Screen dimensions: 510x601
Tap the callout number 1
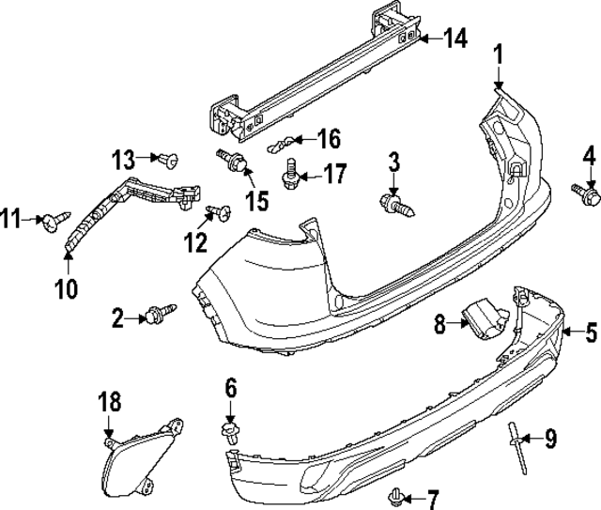499,55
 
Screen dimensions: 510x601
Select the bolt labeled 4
589,193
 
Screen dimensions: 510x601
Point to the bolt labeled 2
158,315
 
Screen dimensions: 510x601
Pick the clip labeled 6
228,431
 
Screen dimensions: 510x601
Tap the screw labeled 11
53,221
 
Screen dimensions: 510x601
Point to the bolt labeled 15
237,165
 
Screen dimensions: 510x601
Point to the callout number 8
439,325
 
